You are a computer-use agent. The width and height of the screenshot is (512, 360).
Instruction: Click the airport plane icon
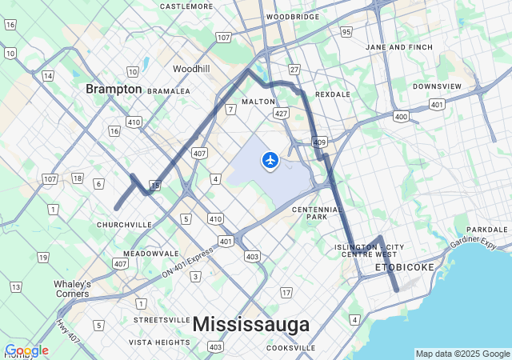[270, 161]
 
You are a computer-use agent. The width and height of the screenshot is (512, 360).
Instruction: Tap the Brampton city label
[114, 89]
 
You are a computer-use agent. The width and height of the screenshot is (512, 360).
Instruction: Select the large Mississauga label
[250, 324]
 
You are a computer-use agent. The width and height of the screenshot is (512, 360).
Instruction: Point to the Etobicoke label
[405, 266]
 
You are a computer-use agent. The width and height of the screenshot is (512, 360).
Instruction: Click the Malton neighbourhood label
[258, 102]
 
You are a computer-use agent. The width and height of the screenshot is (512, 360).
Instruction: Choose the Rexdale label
[333, 94]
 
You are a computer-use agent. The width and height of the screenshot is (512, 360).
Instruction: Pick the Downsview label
[437, 86]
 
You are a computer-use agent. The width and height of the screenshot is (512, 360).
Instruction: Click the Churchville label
[124, 225]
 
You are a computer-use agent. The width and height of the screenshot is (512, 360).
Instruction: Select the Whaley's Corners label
[72, 289]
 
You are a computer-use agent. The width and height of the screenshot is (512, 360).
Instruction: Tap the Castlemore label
[186, 6]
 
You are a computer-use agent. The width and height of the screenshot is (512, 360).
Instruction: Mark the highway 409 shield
[320, 142]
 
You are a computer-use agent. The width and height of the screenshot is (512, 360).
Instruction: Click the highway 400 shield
[401, 117]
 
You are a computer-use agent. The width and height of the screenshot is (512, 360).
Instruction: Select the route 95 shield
[346, 32]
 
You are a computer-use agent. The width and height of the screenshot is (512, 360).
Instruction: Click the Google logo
[26, 350]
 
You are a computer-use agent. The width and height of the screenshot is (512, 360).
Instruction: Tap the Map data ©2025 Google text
[462, 354]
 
